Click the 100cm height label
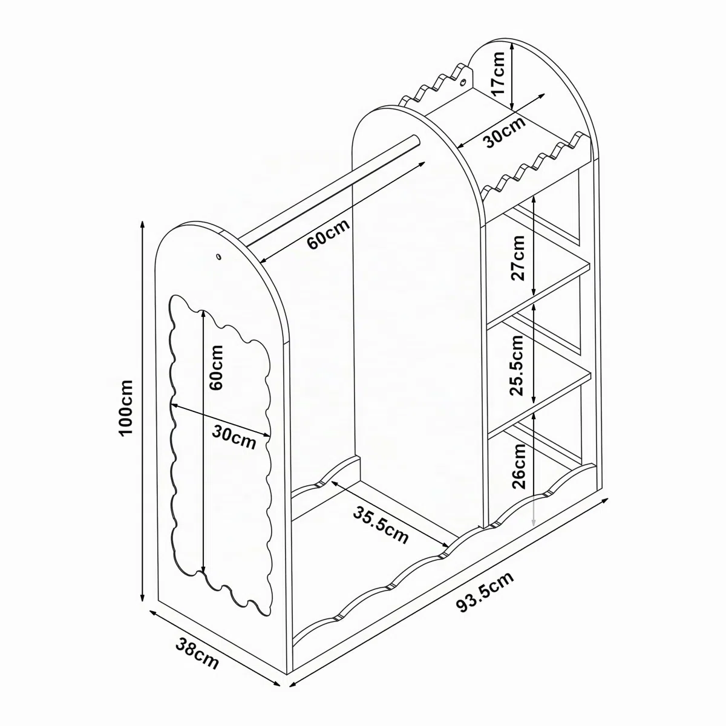point(126,408)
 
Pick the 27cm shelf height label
point(518,258)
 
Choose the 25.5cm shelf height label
point(517,365)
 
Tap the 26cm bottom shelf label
point(518,466)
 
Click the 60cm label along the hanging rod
point(328,234)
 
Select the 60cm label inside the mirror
point(216,368)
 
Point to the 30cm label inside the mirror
point(234,436)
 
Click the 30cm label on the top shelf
point(505,132)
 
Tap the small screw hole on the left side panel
point(218,257)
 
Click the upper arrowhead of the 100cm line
point(142,225)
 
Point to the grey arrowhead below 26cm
point(534,522)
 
